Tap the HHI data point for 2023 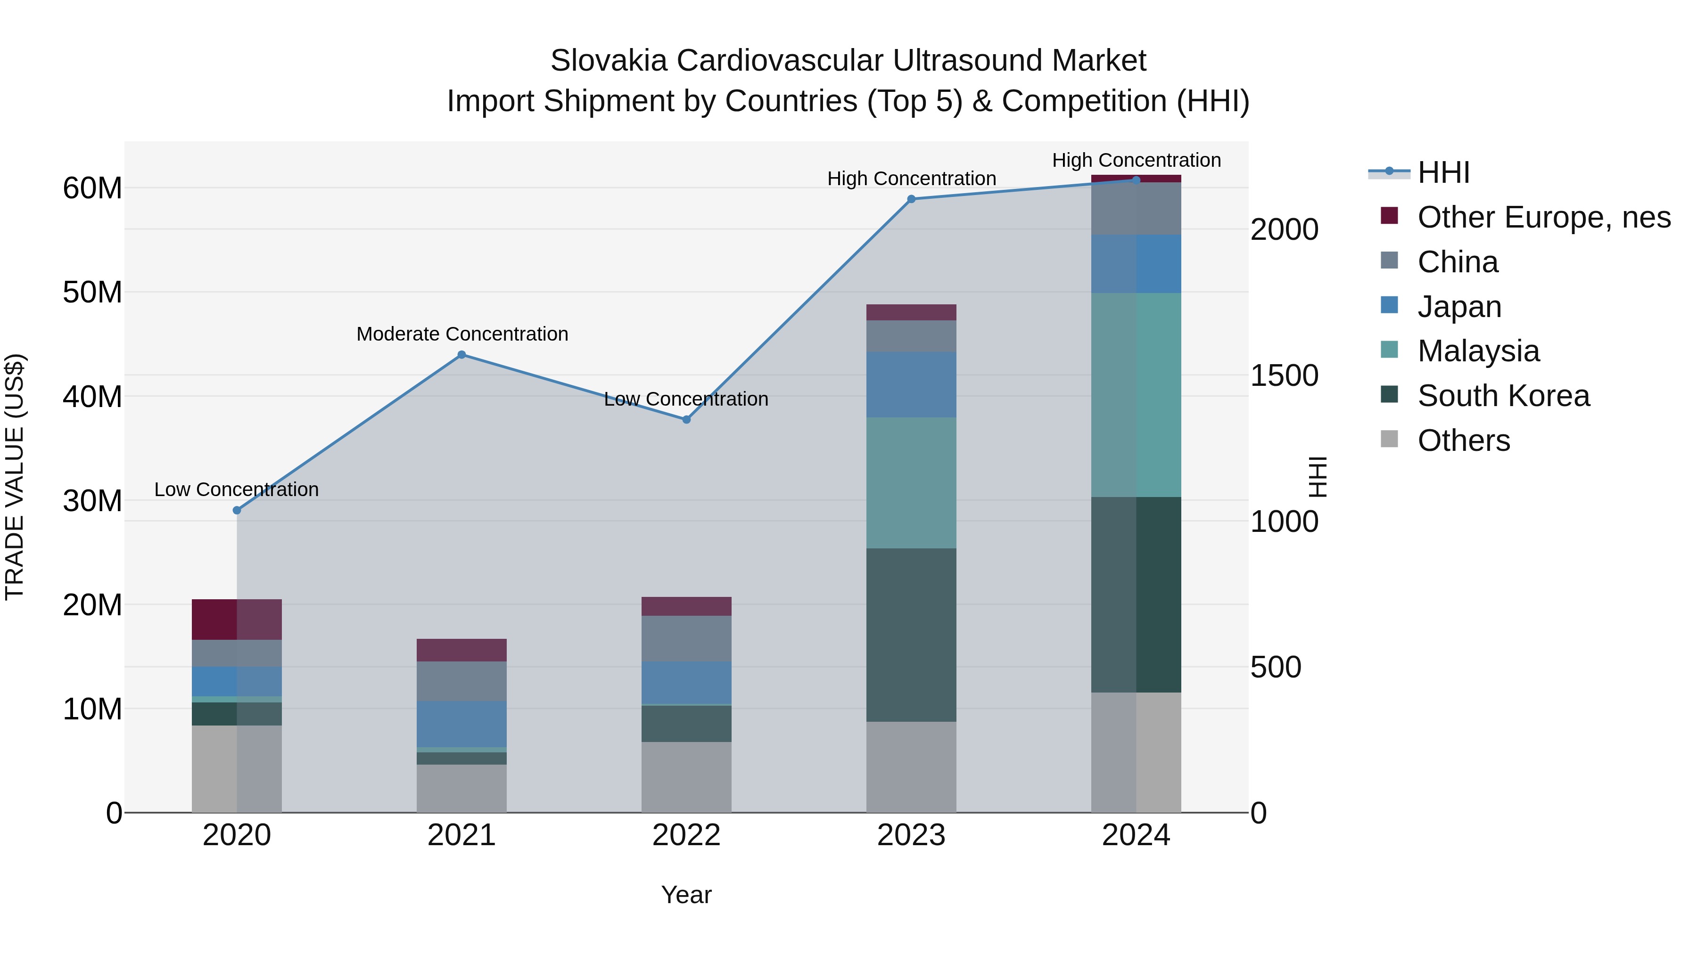pos(911,199)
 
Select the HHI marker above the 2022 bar pos(686,419)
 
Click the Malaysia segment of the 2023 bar pos(911,482)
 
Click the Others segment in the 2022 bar pos(686,777)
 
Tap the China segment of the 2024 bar pos(1136,209)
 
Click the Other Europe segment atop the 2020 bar pos(237,619)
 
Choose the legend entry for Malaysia pos(1478,351)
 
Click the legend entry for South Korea pos(1503,396)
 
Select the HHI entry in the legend pos(1443,172)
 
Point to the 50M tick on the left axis pos(92,292)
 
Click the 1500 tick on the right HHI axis pos(1284,376)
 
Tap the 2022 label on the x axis pos(686,835)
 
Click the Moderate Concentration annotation pos(462,334)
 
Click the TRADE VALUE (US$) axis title pos(15,477)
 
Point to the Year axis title pos(686,895)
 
